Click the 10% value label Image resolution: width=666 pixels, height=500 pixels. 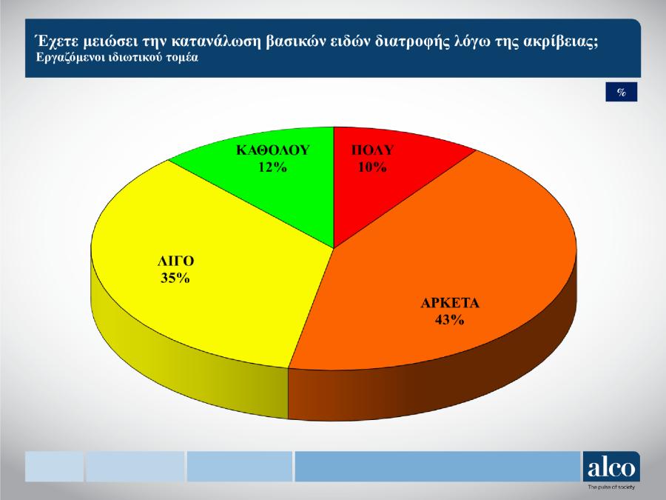(372, 167)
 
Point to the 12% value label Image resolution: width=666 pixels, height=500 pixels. (272, 167)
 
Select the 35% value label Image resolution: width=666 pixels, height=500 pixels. (175, 278)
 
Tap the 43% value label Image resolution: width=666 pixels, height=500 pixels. (450, 320)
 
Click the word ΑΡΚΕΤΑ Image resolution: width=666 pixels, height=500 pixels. (450, 303)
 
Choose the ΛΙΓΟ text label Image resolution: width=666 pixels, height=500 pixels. (176, 261)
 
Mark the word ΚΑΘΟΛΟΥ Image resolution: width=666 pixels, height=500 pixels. (273, 150)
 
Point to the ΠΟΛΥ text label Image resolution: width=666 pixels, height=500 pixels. (372, 150)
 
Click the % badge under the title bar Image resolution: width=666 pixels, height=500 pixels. (622, 92)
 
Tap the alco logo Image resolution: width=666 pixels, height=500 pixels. (611, 467)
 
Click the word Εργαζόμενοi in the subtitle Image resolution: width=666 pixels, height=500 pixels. (62, 58)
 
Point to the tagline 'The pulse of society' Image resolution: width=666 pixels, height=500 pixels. (611, 487)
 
